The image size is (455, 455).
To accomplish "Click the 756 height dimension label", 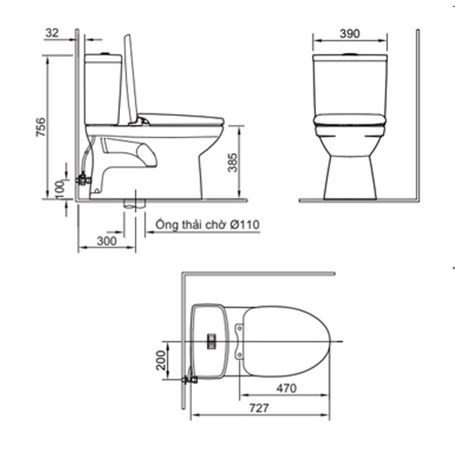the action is tap(41, 127).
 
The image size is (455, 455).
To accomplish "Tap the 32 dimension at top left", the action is tap(52, 33).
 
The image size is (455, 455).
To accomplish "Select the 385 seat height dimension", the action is tap(232, 162).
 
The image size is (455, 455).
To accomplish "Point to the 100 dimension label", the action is tap(60, 189).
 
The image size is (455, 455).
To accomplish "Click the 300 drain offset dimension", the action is tap(107, 241).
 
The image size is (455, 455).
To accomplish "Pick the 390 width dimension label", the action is tap(350, 34).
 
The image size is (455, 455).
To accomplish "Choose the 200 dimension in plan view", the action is tap(160, 360).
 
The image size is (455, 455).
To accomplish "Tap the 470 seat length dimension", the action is tap(286, 388).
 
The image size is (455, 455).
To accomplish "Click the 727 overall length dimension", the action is tap(259, 408).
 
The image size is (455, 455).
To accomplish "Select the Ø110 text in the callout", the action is tap(245, 224).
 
